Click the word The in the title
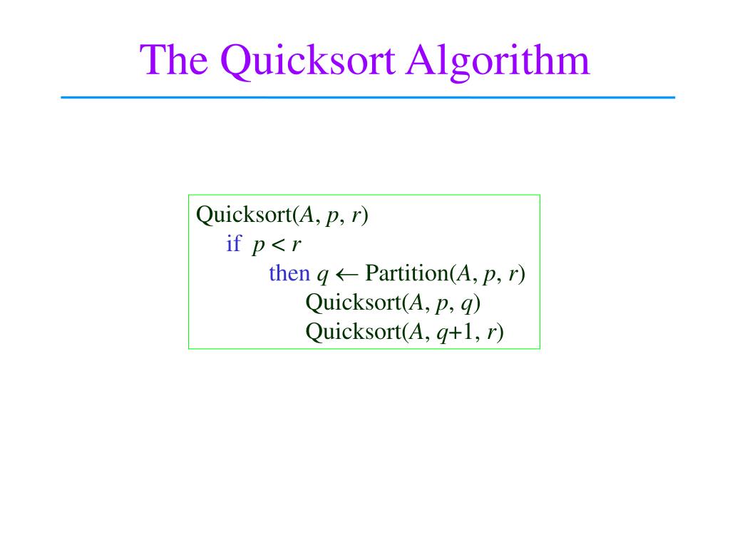point(175,60)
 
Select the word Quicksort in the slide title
point(309,60)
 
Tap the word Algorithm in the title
point(499,60)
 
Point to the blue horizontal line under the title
point(367,97)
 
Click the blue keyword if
point(233,244)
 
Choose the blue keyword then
point(289,273)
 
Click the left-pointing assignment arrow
point(346,274)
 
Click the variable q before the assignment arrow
point(322,275)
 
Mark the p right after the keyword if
point(257,246)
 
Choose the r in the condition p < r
point(296,245)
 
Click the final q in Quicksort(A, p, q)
point(467,305)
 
